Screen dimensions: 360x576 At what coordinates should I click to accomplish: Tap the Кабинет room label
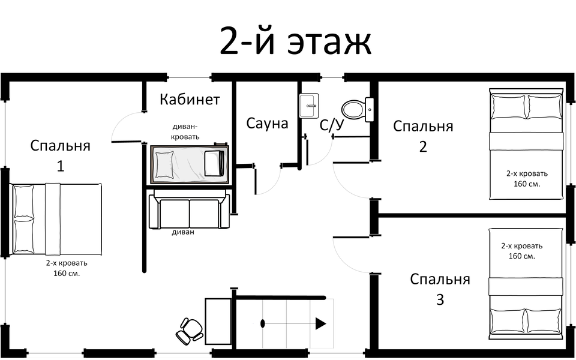coord(190,100)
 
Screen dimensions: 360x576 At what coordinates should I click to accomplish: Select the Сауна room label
coord(267,124)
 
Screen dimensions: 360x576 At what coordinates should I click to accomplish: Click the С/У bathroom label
coord(332,125)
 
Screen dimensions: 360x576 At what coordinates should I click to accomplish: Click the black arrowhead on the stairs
coord(320,324)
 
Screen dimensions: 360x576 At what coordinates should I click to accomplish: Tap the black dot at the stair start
coord(263,324)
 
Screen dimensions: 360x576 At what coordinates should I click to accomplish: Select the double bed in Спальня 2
coord(526,145)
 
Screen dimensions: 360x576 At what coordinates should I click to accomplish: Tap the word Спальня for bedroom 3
coord(440,280)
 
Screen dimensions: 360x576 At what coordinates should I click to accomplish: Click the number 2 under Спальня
coord(423,146)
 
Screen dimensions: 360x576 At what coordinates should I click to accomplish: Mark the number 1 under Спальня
coord(60,166)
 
